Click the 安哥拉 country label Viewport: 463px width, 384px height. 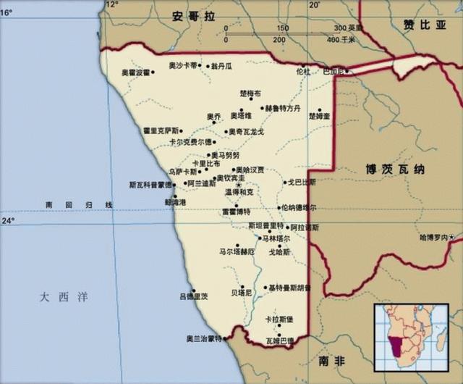(190, 15)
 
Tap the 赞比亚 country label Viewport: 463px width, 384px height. (426, 25)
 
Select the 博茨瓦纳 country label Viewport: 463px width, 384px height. (394, 169)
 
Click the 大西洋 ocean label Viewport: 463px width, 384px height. (64, 296)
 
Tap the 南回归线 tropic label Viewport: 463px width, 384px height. (78, 206)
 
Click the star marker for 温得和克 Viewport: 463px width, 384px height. (237, 185)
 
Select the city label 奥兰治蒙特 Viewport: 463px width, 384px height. (204, 338)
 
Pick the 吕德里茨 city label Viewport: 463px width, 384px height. (193, 296)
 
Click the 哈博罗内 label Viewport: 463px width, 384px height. (433, 238)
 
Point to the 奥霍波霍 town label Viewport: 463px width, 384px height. (135, 72)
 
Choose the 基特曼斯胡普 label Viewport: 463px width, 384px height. (289, 288)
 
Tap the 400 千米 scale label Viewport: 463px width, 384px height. (340, 39)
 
